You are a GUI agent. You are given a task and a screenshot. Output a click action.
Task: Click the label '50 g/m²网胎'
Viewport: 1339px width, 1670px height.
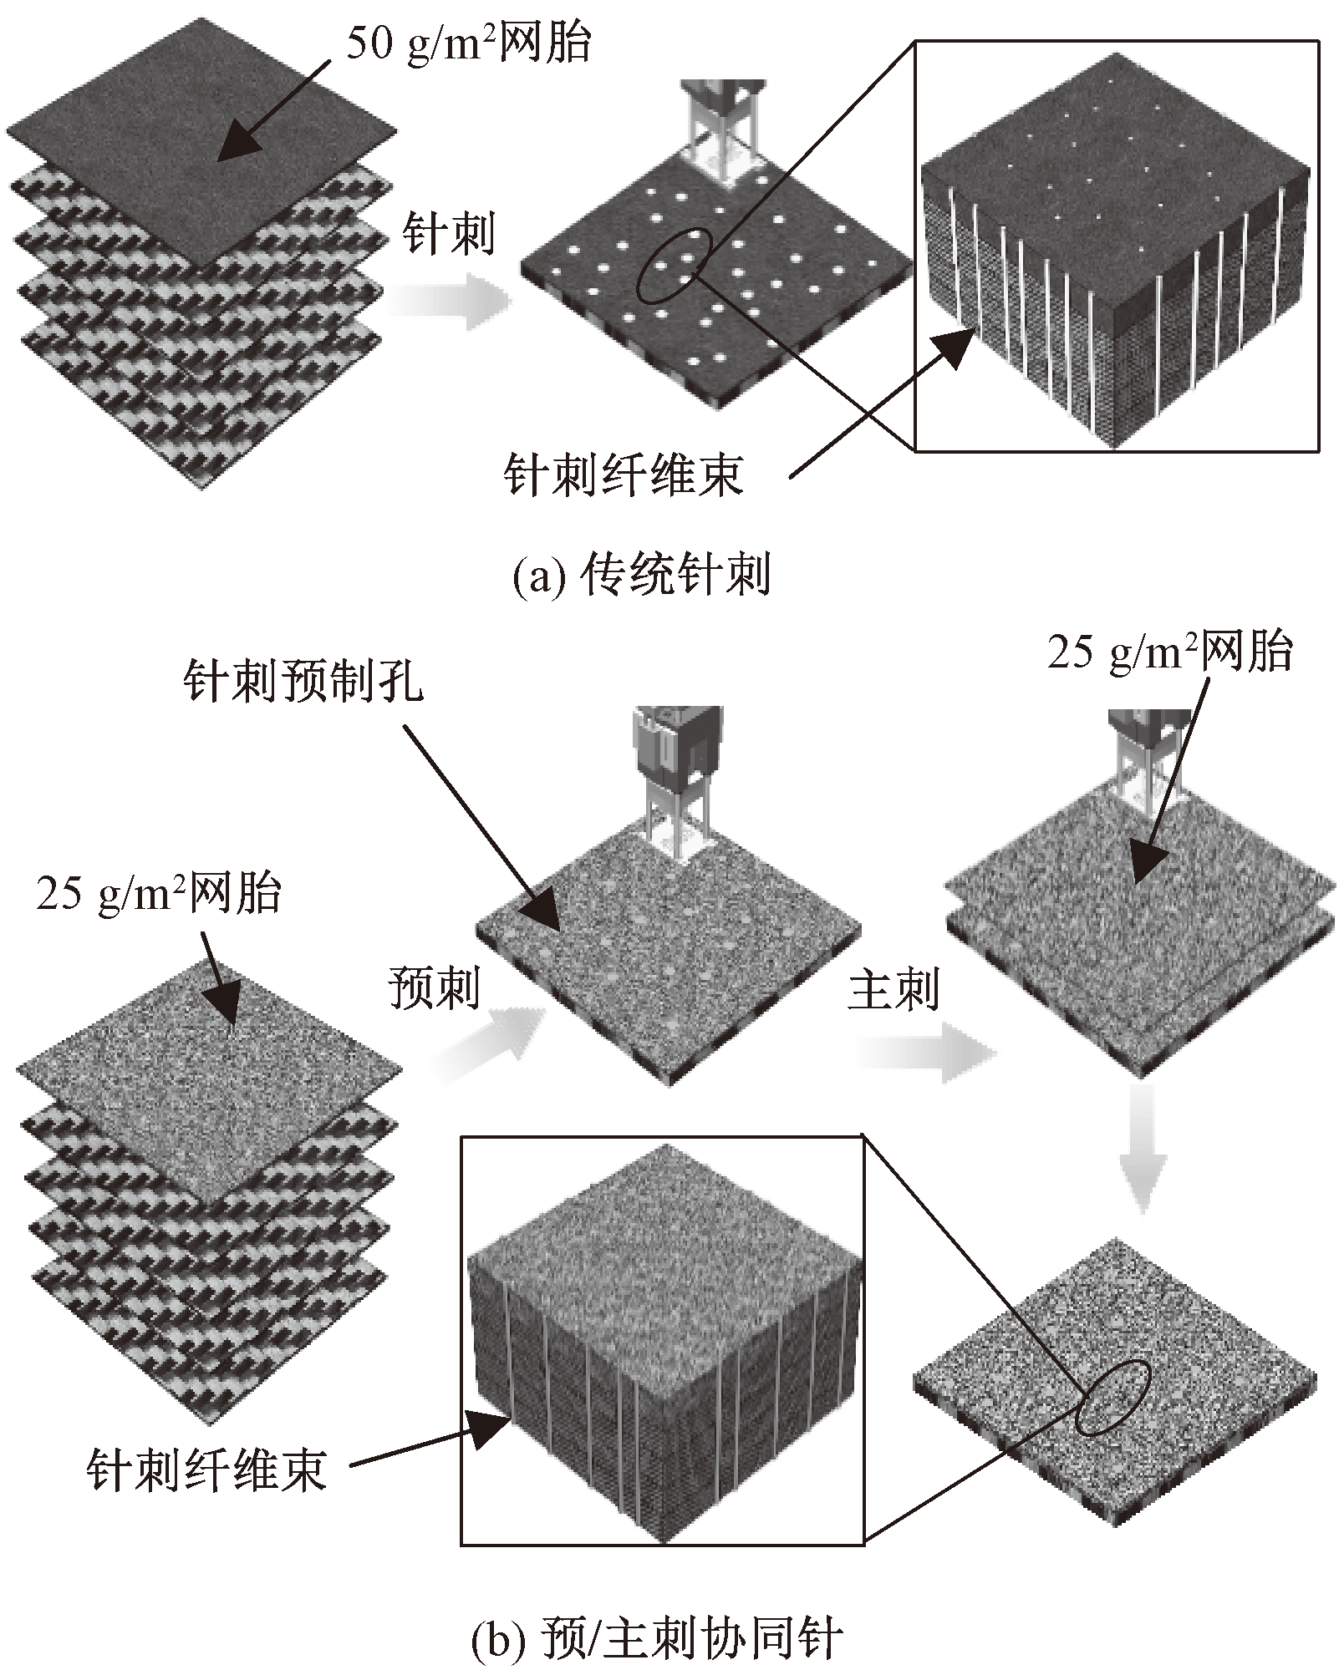click(468, 43)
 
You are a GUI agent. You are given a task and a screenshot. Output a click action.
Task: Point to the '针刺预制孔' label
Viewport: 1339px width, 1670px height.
click(303, 685)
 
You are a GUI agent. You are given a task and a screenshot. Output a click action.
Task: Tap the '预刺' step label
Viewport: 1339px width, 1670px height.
click(434, 988)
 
